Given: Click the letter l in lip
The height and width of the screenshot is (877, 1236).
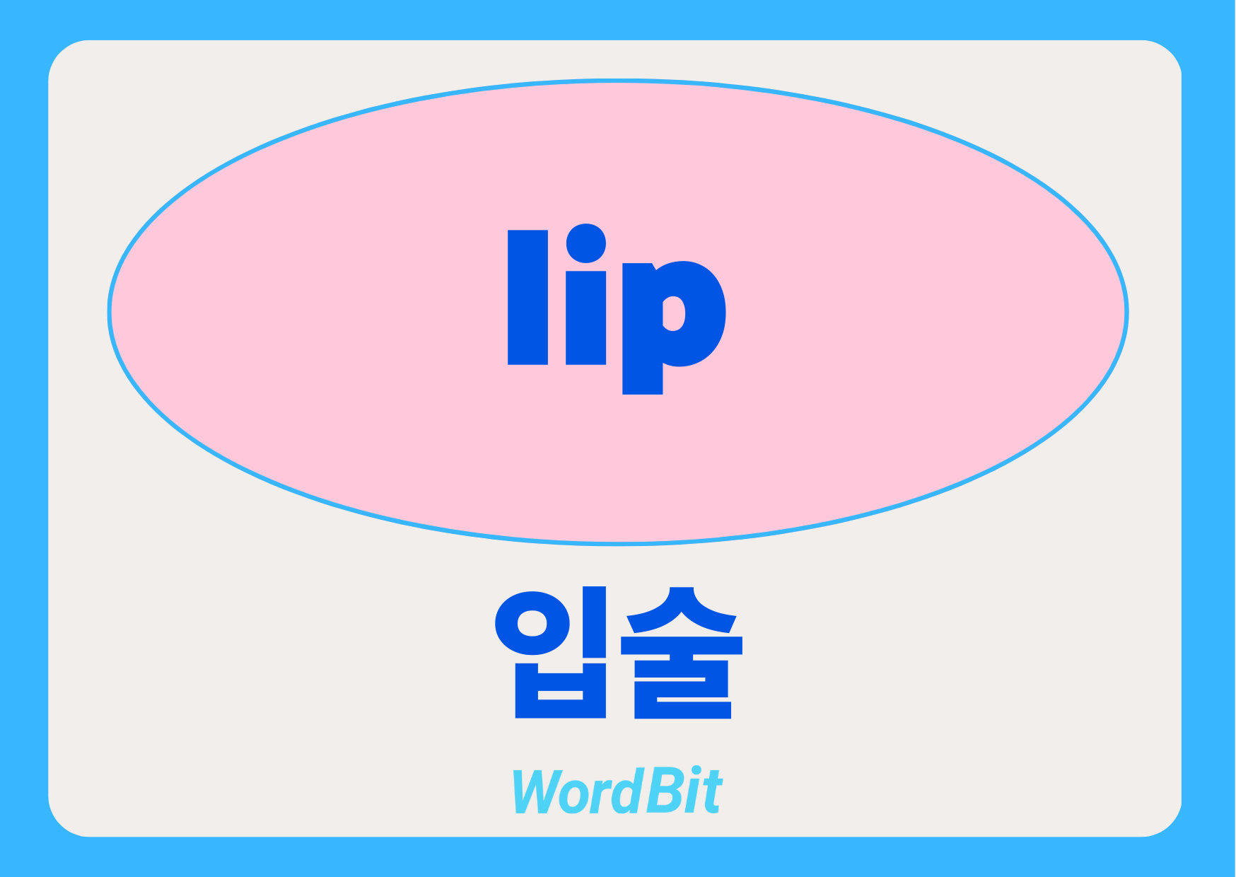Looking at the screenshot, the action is pyautogui.click(x=527, y=297).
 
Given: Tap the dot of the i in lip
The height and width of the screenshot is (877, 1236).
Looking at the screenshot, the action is pyautogui.click(x=586, y=243).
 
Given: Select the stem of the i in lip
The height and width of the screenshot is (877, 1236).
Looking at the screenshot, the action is pyautogui.click(x=586, y=318).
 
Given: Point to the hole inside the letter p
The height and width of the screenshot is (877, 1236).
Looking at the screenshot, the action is pyautogui.click(x=673, y=313).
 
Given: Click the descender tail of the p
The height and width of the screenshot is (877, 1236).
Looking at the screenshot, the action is pyautogui.click(x=642, y=379).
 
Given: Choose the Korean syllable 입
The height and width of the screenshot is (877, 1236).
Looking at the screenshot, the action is pyautogui.click(x=551, y=652).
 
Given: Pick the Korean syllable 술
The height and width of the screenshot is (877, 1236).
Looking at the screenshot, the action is pyautogui.click(x=682, y=652).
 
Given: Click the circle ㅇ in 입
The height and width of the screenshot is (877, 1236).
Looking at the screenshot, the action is pyautogui.click(x=532, y=623).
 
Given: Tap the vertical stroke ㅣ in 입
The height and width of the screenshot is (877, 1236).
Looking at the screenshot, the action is pyautogui.click(x=594, y=621).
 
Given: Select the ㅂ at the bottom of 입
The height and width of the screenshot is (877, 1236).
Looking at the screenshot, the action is pyautogui.click(x=561, y=690).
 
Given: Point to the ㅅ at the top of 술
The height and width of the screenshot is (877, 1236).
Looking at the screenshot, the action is pyautogui.click(x=682, y=610).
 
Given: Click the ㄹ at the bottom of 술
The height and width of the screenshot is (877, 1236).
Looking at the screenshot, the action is pyautogui.click(x=682, y=690).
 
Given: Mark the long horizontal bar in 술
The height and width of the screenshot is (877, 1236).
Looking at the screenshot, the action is pyautogui.click(x=682, y=645).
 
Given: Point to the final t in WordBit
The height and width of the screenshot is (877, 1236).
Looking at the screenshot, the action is pyautogui.click(x=712, y=793).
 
